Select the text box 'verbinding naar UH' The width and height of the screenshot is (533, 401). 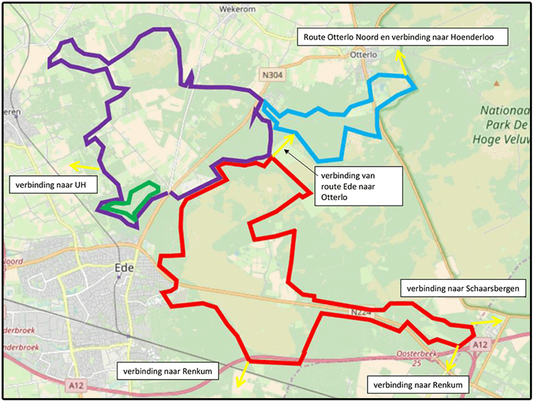pyautogui.click(x=52, y=186)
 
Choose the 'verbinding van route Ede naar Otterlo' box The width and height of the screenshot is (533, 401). pyautogui.click(x=358, y=185)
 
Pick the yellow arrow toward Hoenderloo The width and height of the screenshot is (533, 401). pyautogui.click(x=401, y=62)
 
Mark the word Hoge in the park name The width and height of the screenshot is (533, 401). pyautogui.click(x=485, y=139)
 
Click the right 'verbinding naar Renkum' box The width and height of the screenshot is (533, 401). pyautogui.click(x=418, y=385)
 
